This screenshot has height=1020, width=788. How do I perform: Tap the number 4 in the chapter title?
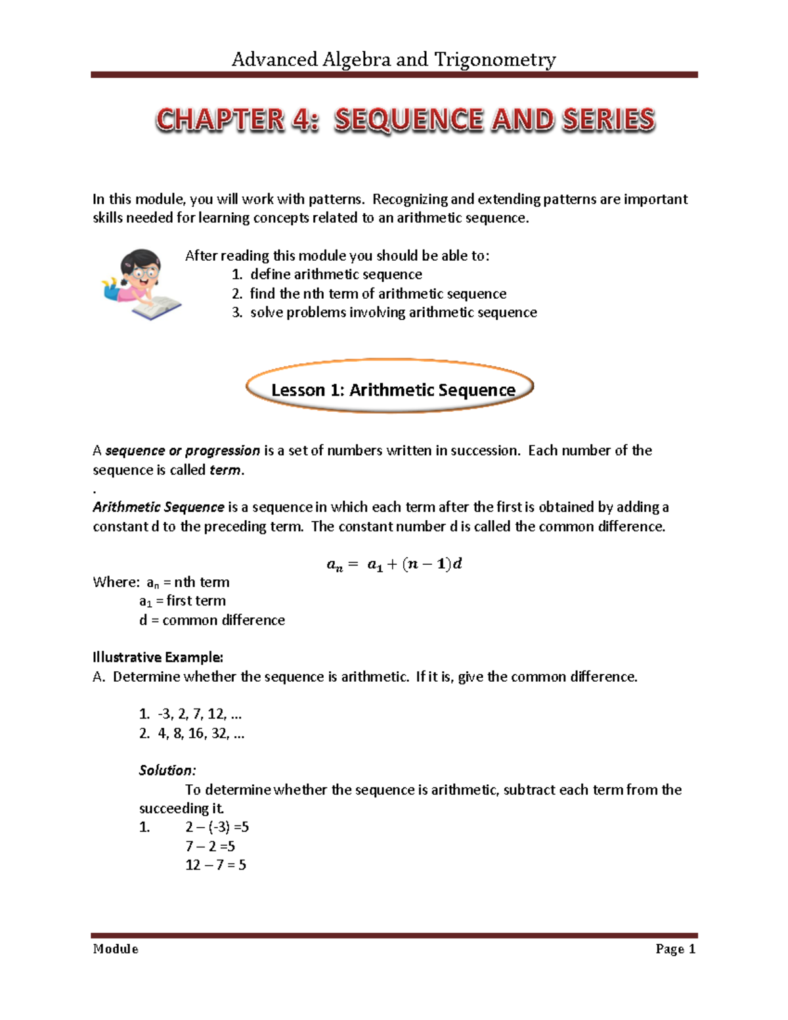coord(301,120)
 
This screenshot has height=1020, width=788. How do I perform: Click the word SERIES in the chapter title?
coord(608,120)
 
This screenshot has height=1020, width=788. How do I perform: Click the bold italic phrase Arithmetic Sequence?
coord(158,507)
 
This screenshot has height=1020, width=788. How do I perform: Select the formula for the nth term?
coord(394,564)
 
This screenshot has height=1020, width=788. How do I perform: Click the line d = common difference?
coord(212,620)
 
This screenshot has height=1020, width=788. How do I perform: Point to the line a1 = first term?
coord(183,601)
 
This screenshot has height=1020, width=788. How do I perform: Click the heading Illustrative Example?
coord(158,657)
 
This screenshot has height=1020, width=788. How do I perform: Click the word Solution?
coord(167,770)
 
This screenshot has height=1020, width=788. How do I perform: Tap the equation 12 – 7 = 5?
coord(215,865)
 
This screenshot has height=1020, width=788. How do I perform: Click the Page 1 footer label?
coord(675,949)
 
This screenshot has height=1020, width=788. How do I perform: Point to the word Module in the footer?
coord(116,949)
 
